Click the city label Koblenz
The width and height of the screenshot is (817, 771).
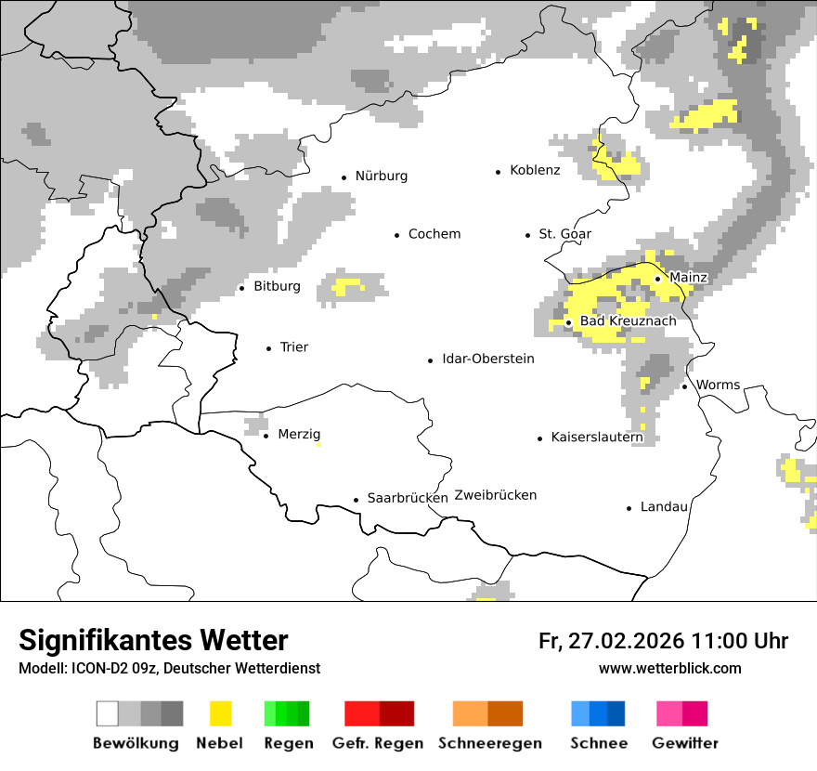535,170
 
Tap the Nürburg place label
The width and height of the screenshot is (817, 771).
381,176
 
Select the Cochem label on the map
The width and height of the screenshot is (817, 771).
434,234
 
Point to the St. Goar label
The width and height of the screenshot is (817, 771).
564,234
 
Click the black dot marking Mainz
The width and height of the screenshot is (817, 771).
657,279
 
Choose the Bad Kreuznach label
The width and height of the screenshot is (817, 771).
628,321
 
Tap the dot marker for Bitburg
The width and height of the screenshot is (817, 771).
242,288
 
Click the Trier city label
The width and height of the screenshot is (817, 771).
293,347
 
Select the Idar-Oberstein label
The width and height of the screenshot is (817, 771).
488,359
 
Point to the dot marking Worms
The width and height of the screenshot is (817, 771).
684,386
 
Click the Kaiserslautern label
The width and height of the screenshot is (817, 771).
597,438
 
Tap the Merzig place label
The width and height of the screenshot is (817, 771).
299,435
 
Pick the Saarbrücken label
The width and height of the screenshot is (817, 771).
408,498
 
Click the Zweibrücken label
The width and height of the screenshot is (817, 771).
496,495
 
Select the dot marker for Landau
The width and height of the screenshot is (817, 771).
629,508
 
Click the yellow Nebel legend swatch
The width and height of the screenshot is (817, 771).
220,713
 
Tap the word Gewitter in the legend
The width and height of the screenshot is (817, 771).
684,743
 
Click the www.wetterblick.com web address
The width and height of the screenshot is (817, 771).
669,669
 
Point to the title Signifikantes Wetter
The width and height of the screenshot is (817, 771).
153,640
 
